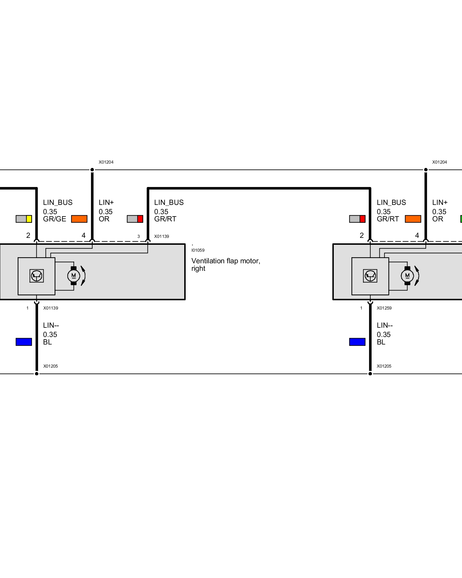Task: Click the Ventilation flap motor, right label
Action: point(226,264)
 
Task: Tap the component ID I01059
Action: point(198,250)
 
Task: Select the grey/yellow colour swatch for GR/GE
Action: point(24,219)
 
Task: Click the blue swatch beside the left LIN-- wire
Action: point(24,342)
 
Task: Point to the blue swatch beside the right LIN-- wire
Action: point(357,342)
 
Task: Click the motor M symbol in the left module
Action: point(74,276)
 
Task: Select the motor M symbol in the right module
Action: point(407,276)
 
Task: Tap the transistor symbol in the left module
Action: point(37,276)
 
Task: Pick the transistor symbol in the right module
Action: point(370,276)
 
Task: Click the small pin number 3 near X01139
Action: point(139,236)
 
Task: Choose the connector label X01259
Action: point(384,308)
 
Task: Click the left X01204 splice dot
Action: point(92,170)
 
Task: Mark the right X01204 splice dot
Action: point(426,170)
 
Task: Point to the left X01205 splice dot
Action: point(37,374)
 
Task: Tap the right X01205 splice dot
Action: point(370,374)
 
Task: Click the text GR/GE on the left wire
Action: point(55,219)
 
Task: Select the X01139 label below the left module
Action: point(51,308)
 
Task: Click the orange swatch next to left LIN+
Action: point(79,219)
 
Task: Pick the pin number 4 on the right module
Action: point(417,236)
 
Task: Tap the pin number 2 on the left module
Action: point(28,236)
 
